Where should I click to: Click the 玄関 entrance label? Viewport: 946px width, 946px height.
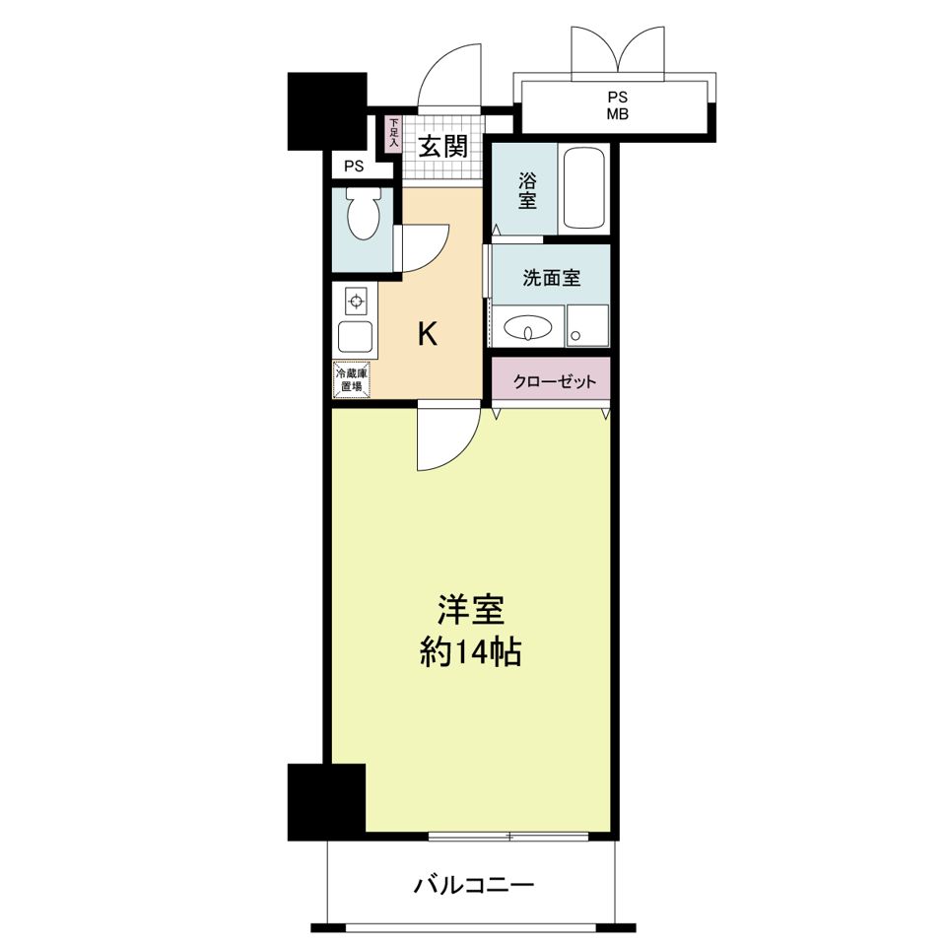442,148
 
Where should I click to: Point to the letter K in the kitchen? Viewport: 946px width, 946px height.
427,335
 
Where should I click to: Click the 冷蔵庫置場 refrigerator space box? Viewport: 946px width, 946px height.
352,380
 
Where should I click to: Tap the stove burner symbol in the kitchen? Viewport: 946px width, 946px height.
355,300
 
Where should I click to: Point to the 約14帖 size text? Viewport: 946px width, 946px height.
470,651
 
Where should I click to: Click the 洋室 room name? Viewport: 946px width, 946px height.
471,611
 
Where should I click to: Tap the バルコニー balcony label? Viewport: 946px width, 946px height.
473,884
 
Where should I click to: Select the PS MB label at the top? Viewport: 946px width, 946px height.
617,105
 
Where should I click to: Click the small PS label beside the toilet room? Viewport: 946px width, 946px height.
354,167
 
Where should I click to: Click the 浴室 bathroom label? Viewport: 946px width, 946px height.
527,190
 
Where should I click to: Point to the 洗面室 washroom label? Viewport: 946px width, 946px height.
551,278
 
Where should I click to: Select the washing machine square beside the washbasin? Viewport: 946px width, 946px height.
588,326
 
